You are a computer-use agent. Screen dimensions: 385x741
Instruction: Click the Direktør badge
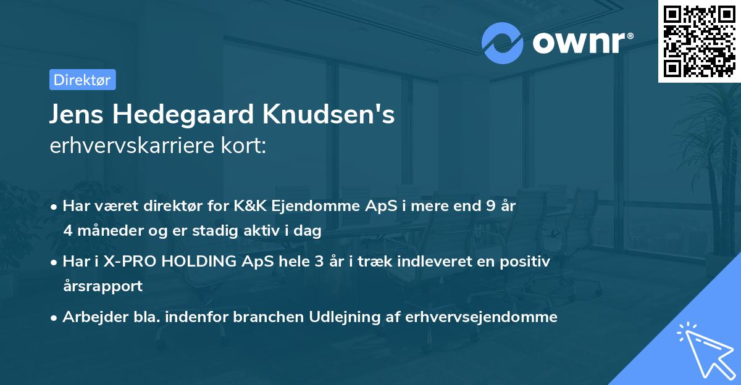[82, 80]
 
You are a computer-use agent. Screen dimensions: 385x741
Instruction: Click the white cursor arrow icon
[704, 350]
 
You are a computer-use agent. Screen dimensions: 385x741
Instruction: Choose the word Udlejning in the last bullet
[349, 317]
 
